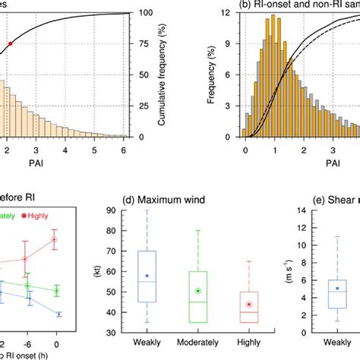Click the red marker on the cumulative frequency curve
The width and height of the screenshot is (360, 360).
pos(11,44)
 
